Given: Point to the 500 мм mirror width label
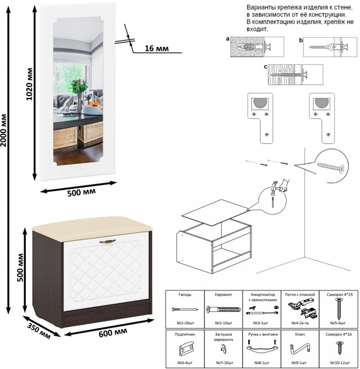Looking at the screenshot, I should (x=82, y=192).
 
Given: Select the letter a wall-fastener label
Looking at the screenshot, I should (x=227, y=39).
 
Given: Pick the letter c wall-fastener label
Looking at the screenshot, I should (x=266, y=67).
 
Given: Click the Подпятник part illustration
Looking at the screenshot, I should (x=185, y=350).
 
